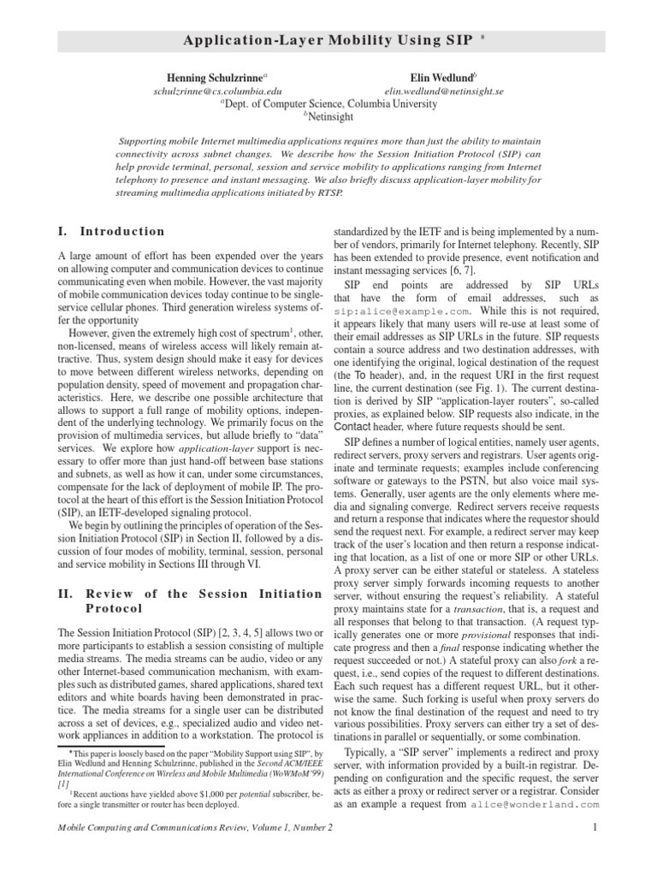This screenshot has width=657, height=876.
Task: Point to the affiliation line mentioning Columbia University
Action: [328, 104]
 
